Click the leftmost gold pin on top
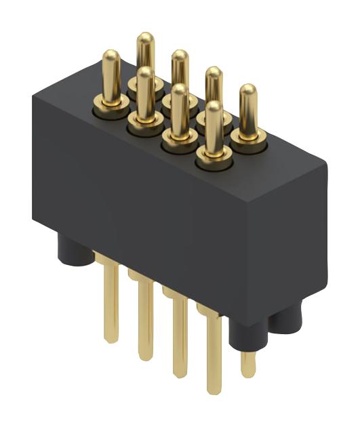tap(111, 75)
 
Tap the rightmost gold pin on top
tap(248, 108)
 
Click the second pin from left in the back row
tap(180, 71)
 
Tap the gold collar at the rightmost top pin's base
tap(248, 138)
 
